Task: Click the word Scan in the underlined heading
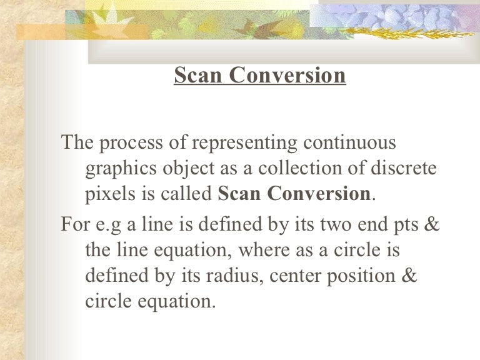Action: [198, 76]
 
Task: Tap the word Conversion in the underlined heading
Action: [287, 76]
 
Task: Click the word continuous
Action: [349, 142]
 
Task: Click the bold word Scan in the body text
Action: [240, 194]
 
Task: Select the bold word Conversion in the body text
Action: [319, 194]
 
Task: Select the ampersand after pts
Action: [431, 224]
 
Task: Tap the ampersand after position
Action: [407, 275]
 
